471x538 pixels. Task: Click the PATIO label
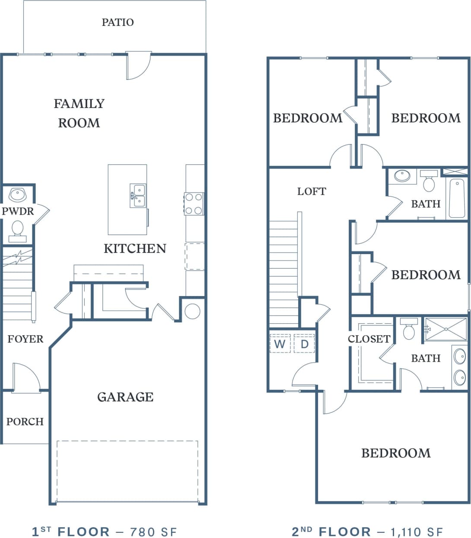(118, 22)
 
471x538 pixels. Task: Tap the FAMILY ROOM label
(79, 113)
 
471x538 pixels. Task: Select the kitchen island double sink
(138, 195)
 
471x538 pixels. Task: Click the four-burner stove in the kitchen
(194, 204)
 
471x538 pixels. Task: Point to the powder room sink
(18, 195)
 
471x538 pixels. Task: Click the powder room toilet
(17, 229)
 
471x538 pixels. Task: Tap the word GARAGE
(125, 397)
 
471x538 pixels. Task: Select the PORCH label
(25, 421)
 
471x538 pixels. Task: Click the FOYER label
(25, 339)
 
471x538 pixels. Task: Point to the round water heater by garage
(192, 311)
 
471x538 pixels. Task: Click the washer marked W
(280, 344)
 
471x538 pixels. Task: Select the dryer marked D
(305, 344)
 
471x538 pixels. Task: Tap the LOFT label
(312, 191)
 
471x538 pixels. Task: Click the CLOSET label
(369, 339)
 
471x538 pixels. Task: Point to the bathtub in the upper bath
(457, 198)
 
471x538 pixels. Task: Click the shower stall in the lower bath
(446, 329)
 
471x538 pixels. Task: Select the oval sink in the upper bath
(402, 176)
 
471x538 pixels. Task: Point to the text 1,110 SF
(417, 532)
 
